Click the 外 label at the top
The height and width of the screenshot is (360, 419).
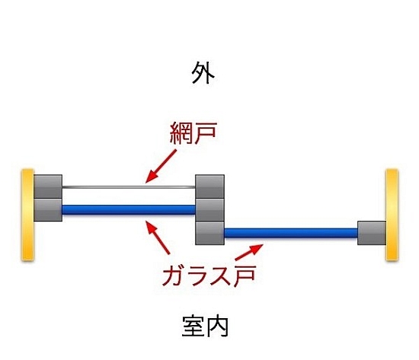(203, 73)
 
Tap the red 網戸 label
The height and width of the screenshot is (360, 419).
(193, 133)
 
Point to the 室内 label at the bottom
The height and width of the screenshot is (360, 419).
(205, 327)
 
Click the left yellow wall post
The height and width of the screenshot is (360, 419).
(27, 215)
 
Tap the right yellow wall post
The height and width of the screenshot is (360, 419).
(392, 215)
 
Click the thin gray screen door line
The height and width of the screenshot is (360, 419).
(129, 187)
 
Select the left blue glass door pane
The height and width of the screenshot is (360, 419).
(129, 209)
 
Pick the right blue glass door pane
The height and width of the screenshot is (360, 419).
(291, 233)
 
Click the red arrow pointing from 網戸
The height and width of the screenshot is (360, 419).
(161, 166)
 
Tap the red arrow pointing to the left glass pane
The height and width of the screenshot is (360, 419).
(158, 237)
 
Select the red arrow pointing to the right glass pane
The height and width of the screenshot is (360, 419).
(249, 252)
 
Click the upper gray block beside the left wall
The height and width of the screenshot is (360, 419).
(48, 186)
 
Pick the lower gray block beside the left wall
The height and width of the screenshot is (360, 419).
(48, 209)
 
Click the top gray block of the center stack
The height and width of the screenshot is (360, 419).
(209, 186)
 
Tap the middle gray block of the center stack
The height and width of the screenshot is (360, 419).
(209, 209)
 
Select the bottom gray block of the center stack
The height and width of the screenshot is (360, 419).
(209, 233)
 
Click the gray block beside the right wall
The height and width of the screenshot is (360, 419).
(372, 233)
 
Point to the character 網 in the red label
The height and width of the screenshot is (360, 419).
(181, 133)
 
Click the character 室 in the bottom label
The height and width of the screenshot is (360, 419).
(194, 327)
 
